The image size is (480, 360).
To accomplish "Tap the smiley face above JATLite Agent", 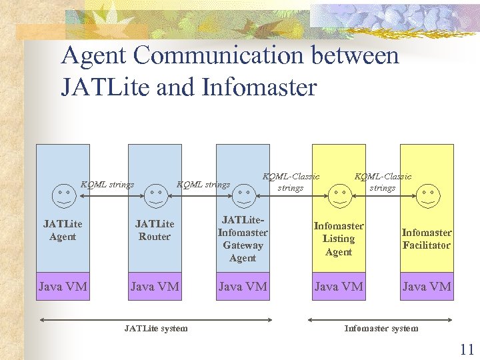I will click(63, 194).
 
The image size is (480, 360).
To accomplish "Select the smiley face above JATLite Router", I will click(155, 194).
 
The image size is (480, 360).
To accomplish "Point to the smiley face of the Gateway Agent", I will click(243, 194).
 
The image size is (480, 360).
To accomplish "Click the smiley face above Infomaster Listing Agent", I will click(339, 194).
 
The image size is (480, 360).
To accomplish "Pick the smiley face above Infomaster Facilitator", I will click(427, 194).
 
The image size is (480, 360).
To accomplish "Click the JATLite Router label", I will click(155, 230).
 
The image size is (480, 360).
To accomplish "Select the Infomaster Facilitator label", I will click(427, 239).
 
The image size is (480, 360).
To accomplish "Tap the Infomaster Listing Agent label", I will click(339, 239).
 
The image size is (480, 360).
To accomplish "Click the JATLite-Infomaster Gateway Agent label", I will click(243, 239).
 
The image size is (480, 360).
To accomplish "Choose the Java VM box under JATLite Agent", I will click(63, 287).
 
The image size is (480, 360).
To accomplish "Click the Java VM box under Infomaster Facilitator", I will click(427, 287).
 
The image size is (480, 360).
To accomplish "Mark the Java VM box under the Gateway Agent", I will click(243, 287).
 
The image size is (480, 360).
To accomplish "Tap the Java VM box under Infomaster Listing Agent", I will click(339, 287).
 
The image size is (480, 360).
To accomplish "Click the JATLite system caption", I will click(156, 328).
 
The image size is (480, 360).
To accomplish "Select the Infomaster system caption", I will click(381, 328).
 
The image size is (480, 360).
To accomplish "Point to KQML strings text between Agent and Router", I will click(107, 185).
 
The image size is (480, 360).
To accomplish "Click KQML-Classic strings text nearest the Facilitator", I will click(383, 182).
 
